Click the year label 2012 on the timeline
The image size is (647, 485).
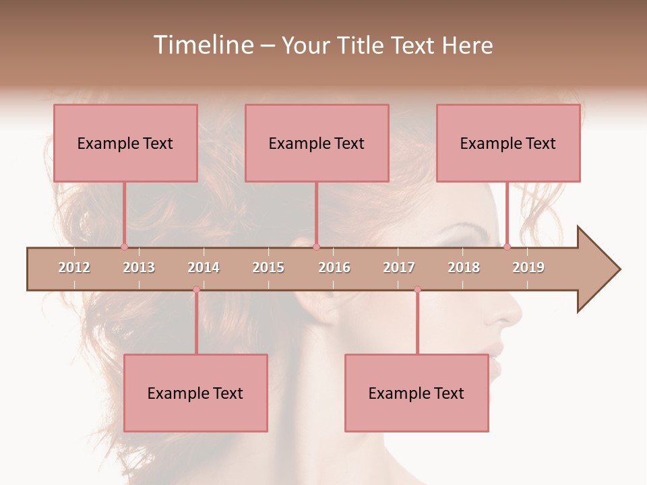[x=74, y=267]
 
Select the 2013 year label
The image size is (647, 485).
[x=139, y=267]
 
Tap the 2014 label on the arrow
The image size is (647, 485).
[x=204, y=267]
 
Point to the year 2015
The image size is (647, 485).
[x=268, y=267]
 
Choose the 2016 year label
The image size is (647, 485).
[x=334, y=267]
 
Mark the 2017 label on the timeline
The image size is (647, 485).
[x=399, y=267]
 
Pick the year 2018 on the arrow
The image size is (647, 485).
[x=464, y=267]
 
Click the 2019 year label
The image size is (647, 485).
[x=528, y=267]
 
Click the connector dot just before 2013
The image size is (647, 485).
[x=124, y=247]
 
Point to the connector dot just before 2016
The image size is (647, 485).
[x=316, y=247]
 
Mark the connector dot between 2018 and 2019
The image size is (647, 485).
[x=507, y=247]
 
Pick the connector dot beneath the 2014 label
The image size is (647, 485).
[x=196, y=290]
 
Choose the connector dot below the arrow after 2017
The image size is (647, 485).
[x=417, y=290]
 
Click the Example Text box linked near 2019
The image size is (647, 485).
[x=508, y=143]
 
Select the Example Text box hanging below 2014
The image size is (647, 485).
[x=195, y=393]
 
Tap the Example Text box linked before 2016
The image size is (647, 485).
[x=317, y=143]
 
